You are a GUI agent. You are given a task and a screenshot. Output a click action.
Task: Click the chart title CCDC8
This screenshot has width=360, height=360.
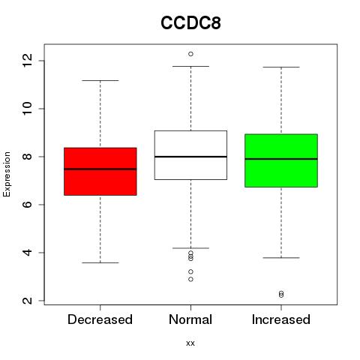pos(190,23)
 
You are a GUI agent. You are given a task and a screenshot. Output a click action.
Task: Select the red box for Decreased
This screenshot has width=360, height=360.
pos(100,172)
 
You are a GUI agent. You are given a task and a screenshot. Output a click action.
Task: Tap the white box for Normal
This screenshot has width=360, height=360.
pos(190,155)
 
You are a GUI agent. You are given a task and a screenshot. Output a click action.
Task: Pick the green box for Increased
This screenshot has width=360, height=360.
pos(281,160)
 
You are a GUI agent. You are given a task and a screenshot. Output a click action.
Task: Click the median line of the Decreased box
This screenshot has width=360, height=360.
pos(100,169)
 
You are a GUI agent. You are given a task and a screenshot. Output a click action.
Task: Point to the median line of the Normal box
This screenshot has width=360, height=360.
pos(190,157)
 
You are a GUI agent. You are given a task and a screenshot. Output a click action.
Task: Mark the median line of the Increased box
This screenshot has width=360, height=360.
pos(281,159)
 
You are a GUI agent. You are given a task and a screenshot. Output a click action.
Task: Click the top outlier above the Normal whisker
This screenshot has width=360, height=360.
pos(190,54)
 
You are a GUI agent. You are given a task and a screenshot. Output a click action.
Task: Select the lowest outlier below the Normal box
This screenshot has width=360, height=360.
pos(190,279)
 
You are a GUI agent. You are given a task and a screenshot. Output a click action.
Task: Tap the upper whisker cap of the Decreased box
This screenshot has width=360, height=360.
pos(100,80)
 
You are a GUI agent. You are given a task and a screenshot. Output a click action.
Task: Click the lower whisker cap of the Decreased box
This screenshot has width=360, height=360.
pos(100,262)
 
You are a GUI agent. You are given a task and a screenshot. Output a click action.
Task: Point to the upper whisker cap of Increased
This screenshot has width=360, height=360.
pos(281,67)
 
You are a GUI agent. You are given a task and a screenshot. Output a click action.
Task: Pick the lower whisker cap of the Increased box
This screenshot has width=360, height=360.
pos(281,257)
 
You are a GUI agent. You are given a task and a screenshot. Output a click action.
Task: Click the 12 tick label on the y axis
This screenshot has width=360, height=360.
pos(28,61)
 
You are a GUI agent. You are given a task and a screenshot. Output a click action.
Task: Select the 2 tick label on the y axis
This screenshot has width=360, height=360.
pos(28,301)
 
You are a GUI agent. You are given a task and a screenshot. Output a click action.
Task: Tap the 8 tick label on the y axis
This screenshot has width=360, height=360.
pos(28,157)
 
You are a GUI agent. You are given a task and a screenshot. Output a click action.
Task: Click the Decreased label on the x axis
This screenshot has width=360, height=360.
pos(100,319)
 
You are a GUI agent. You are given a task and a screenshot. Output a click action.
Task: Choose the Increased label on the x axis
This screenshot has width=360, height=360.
pos(281,319)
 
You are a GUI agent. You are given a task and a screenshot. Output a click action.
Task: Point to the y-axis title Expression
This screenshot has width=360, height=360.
pos(7,174)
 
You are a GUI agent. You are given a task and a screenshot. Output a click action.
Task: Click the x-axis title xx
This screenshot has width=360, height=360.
pos(190,343)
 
